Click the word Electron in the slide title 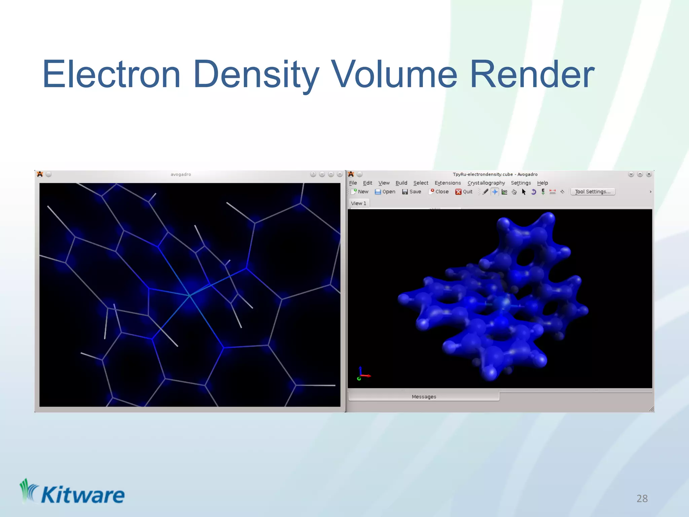click(111, 74)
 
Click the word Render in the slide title click(532, 74)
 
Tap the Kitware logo click(72, 493)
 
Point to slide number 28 click(642, 498)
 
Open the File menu click(353, 183)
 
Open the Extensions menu click(447, 183)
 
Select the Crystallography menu click(486, 183)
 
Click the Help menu click(542, 183)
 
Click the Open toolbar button click(385, 192)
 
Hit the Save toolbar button click(412, 192)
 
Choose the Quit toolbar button click(464, 192)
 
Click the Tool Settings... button click(592, 192)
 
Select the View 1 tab click(358, 203)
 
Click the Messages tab click(424, 397)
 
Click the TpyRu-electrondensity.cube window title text click(495, 174)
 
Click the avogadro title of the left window click(181, 174)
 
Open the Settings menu click(521, 183)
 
